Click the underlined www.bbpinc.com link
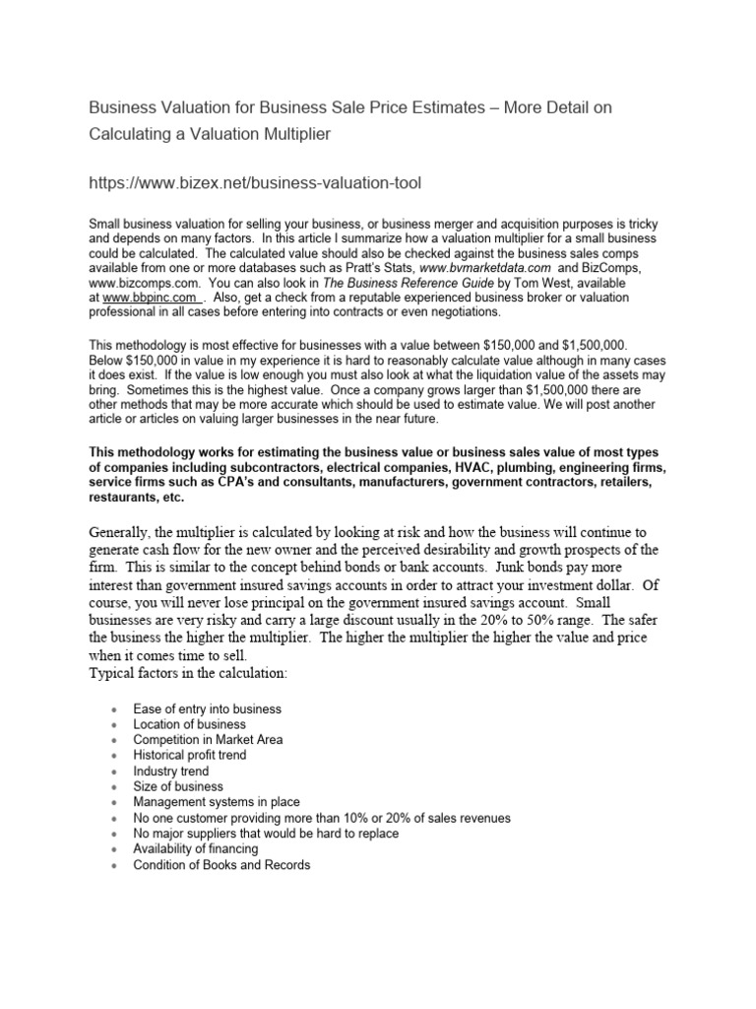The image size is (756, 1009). click(152, 298)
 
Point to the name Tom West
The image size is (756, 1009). click(516, 283)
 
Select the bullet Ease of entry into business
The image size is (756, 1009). click(208, 708)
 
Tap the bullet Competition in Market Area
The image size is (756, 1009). click(209, 740)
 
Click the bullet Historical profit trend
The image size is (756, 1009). click(190, 756)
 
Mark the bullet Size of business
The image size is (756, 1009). click(178, 786)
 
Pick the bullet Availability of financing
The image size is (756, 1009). click(196, 849)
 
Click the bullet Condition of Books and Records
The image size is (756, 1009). click(221, 865)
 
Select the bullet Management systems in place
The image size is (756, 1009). click(217, 802)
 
